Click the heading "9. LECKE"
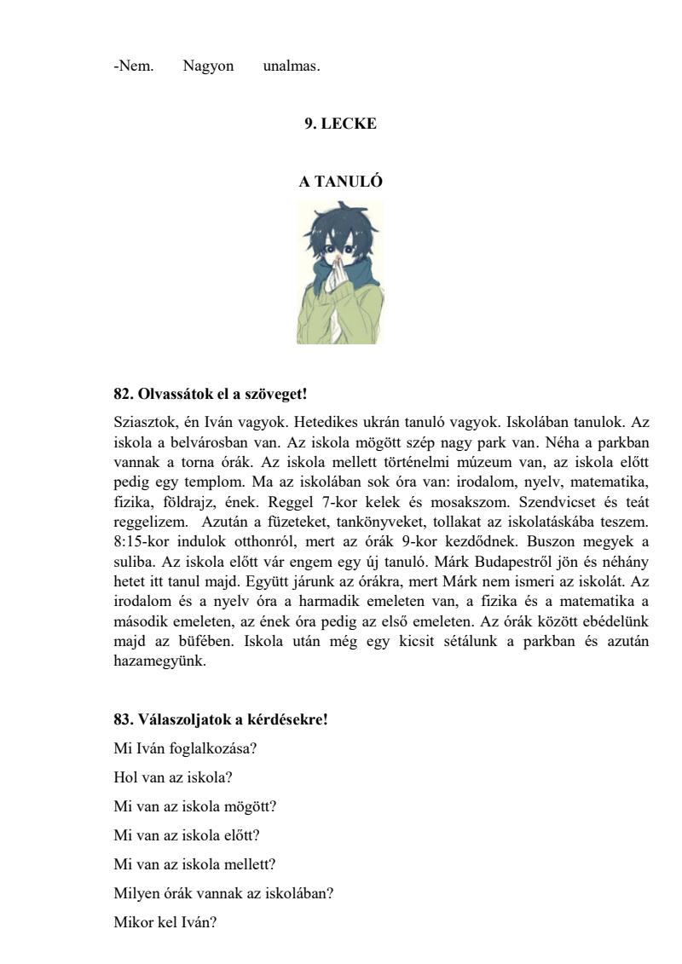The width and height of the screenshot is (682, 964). click(x=340, y=124)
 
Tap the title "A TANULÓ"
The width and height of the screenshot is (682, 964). click(x=340, y=182)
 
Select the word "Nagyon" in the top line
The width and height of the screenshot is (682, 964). click(x=208, y=66)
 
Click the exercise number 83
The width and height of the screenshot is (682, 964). click(x=122, y=719)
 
